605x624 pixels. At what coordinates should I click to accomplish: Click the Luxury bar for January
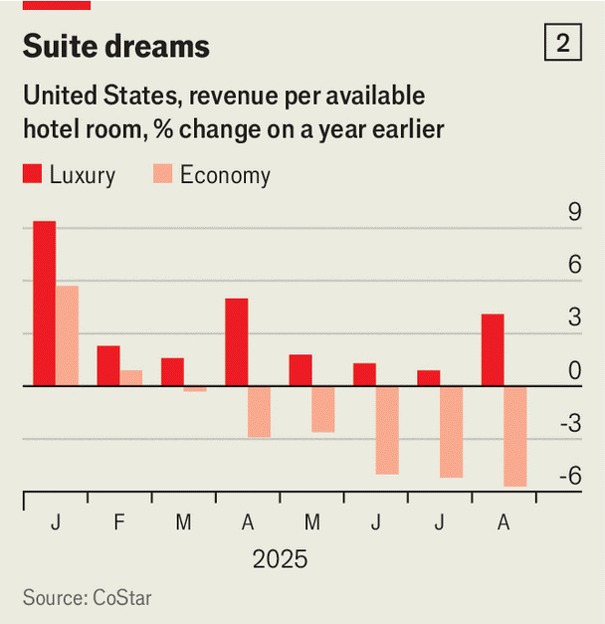[x=44, y=303]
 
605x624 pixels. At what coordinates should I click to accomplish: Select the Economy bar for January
[x=67, y=335]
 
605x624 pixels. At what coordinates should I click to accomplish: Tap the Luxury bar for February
[x=108, y=365]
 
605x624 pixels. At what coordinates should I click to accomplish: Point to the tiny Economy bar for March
[x=195, y=389]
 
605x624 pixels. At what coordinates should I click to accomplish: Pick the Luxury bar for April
[x=236, y=341]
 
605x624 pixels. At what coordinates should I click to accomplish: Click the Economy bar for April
[x=259, y=411]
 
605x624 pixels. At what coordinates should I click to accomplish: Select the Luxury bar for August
[x=493, y=349]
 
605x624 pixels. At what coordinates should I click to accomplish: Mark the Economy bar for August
[x=515, y=436]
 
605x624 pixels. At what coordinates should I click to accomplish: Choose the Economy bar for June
[x=387, y=430]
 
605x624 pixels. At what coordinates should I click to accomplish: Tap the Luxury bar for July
[x=428, y=377]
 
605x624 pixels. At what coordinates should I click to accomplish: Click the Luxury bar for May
[x=301, y=369]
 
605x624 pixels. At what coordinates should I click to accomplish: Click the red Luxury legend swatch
[x=33, y=176]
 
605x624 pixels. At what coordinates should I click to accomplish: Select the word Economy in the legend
[x=225, y=176]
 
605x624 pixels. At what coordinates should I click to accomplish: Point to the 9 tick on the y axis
[x=574, y=212]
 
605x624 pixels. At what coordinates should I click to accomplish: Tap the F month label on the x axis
[x=119, y=522]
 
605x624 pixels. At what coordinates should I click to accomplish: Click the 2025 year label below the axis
[x=280, y=558]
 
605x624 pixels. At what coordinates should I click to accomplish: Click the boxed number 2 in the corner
[x=563, y=44]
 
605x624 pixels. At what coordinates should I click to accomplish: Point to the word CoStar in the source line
[x=122, y=598]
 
